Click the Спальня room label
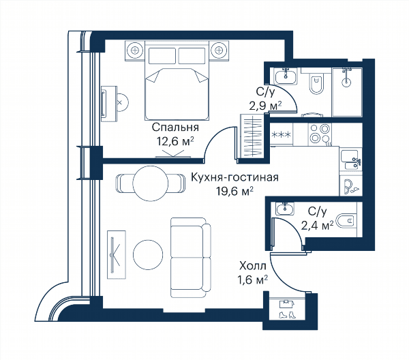[x=175, y=127]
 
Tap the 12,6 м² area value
[x=175, y=141]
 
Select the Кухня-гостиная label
[x=234, y=177]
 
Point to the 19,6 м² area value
[x=234, y=192]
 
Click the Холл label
[x=253, y=267]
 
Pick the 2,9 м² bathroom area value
[x=265, y=106]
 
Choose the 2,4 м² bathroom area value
[x=317, y=225]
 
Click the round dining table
[x=151, y=183]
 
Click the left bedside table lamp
[x=134, y=50]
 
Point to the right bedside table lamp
[x=219, y=50]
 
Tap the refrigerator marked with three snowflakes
[x=281, y=134]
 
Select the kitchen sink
[x=350, y=160]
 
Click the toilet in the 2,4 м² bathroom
[x=346, y=221]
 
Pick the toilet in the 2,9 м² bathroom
[x=316, y=83]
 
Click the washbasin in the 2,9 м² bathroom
[x=286, y=76]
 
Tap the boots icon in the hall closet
[x=287, y=314]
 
